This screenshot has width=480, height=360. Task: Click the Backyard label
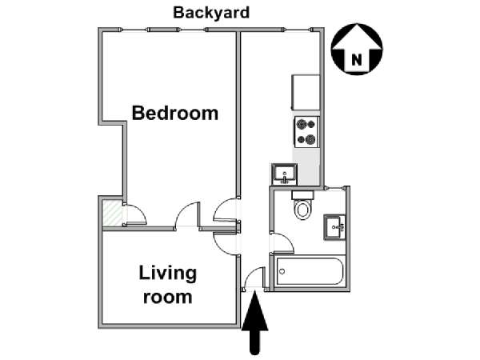[x=211, y=13]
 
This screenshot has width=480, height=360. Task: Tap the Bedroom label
[x=174, y=113]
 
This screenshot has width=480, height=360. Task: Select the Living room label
[x=168, y=285]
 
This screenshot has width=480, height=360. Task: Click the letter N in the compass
[x=356, y=59]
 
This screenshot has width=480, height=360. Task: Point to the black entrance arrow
[x=254, y=323]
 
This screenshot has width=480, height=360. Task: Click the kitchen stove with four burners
[x=306, y=132]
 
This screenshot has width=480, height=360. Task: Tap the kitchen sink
[x=284, y=174]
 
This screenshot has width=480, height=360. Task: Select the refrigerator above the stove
[x=306, y=93]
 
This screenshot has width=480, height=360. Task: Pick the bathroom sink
[x=334, y=227]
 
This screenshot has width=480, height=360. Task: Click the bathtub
[x=310, y=271]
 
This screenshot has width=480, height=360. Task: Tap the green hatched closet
[x=112, y=213]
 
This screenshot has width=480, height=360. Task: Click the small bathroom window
[x=336, y=188]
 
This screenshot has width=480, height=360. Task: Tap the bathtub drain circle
[x=282, y=271]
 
